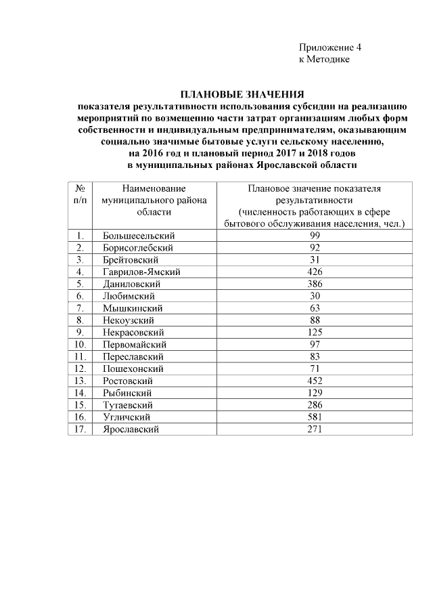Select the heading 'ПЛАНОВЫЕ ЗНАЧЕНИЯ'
[242, 94]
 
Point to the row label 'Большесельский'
[139, 235]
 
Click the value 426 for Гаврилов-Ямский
[313, 272]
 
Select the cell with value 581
[313, 417]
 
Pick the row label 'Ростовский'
[127, 381]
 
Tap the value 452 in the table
[313, 381]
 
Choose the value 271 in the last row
[313, 429]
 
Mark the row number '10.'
[80, 344]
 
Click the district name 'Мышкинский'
[131, 308]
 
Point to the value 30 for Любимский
[313, 296]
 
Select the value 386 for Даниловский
[313, 284]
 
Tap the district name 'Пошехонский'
[133, 368]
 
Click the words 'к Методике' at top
[324, 60]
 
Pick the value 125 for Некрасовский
[313, 332]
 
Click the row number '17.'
[80, 429]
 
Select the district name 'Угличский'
[127, 417]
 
